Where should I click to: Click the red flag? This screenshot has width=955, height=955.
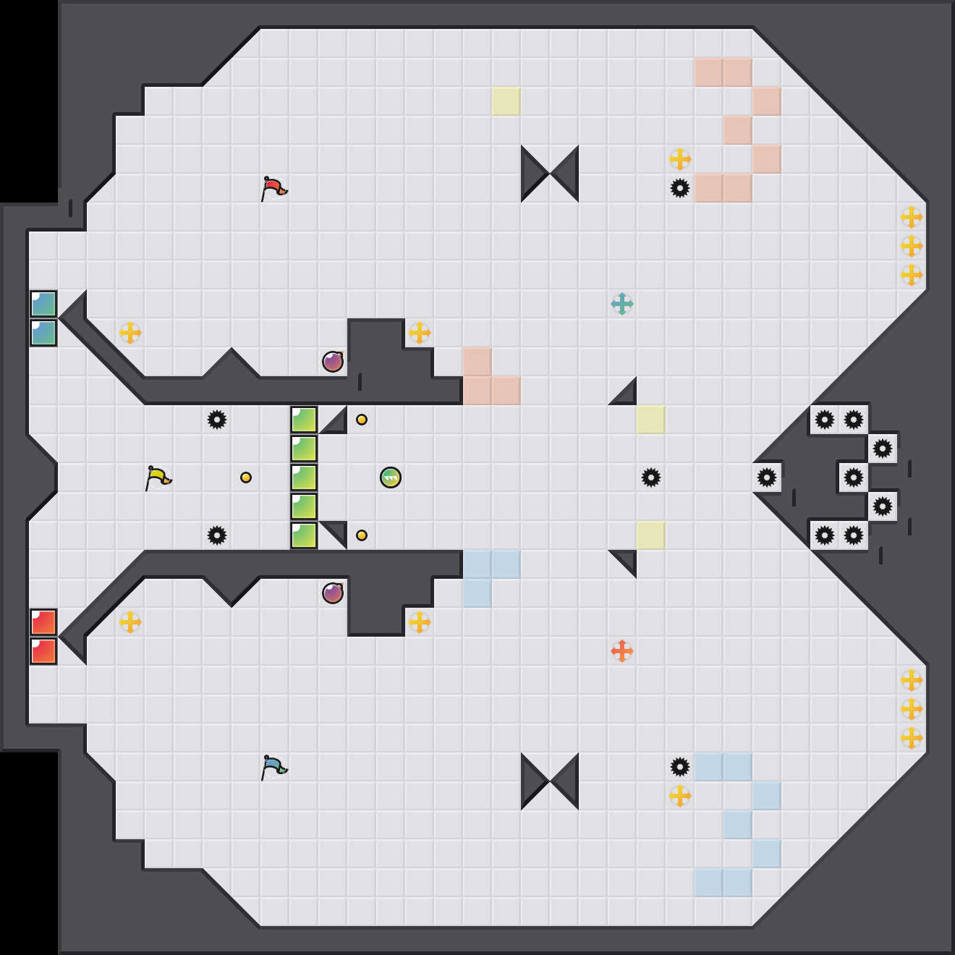(273, 188)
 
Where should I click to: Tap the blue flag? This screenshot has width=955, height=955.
(273, 767)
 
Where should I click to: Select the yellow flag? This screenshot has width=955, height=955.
(158, 477)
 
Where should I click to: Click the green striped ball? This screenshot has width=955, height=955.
(391, 477)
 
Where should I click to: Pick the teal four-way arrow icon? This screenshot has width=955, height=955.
(622, 304)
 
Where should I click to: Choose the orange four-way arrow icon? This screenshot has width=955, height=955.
(622, 651)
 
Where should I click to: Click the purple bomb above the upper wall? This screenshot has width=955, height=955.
(333, 362)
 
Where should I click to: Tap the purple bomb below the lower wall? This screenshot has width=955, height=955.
(333, 593)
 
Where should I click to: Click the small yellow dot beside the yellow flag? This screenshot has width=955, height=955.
(246, 477)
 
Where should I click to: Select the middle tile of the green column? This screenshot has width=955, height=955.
(304, 477)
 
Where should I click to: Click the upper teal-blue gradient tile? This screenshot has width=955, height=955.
(43, 304)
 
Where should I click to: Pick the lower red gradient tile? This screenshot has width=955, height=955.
(43, 651)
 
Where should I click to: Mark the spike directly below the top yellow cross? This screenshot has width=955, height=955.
(680, 188)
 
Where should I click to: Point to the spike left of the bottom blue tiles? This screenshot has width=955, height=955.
(680, 767)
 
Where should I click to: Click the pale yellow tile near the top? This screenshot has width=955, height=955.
(506, 101)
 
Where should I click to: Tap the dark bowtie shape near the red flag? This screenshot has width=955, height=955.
(550, 174)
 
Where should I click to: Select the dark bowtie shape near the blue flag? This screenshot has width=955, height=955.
(550, 781)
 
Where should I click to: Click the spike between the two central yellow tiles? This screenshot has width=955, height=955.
(651, 477)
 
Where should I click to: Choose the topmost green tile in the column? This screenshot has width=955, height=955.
(304, 420)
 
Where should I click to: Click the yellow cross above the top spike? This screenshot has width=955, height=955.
(680, 159)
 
